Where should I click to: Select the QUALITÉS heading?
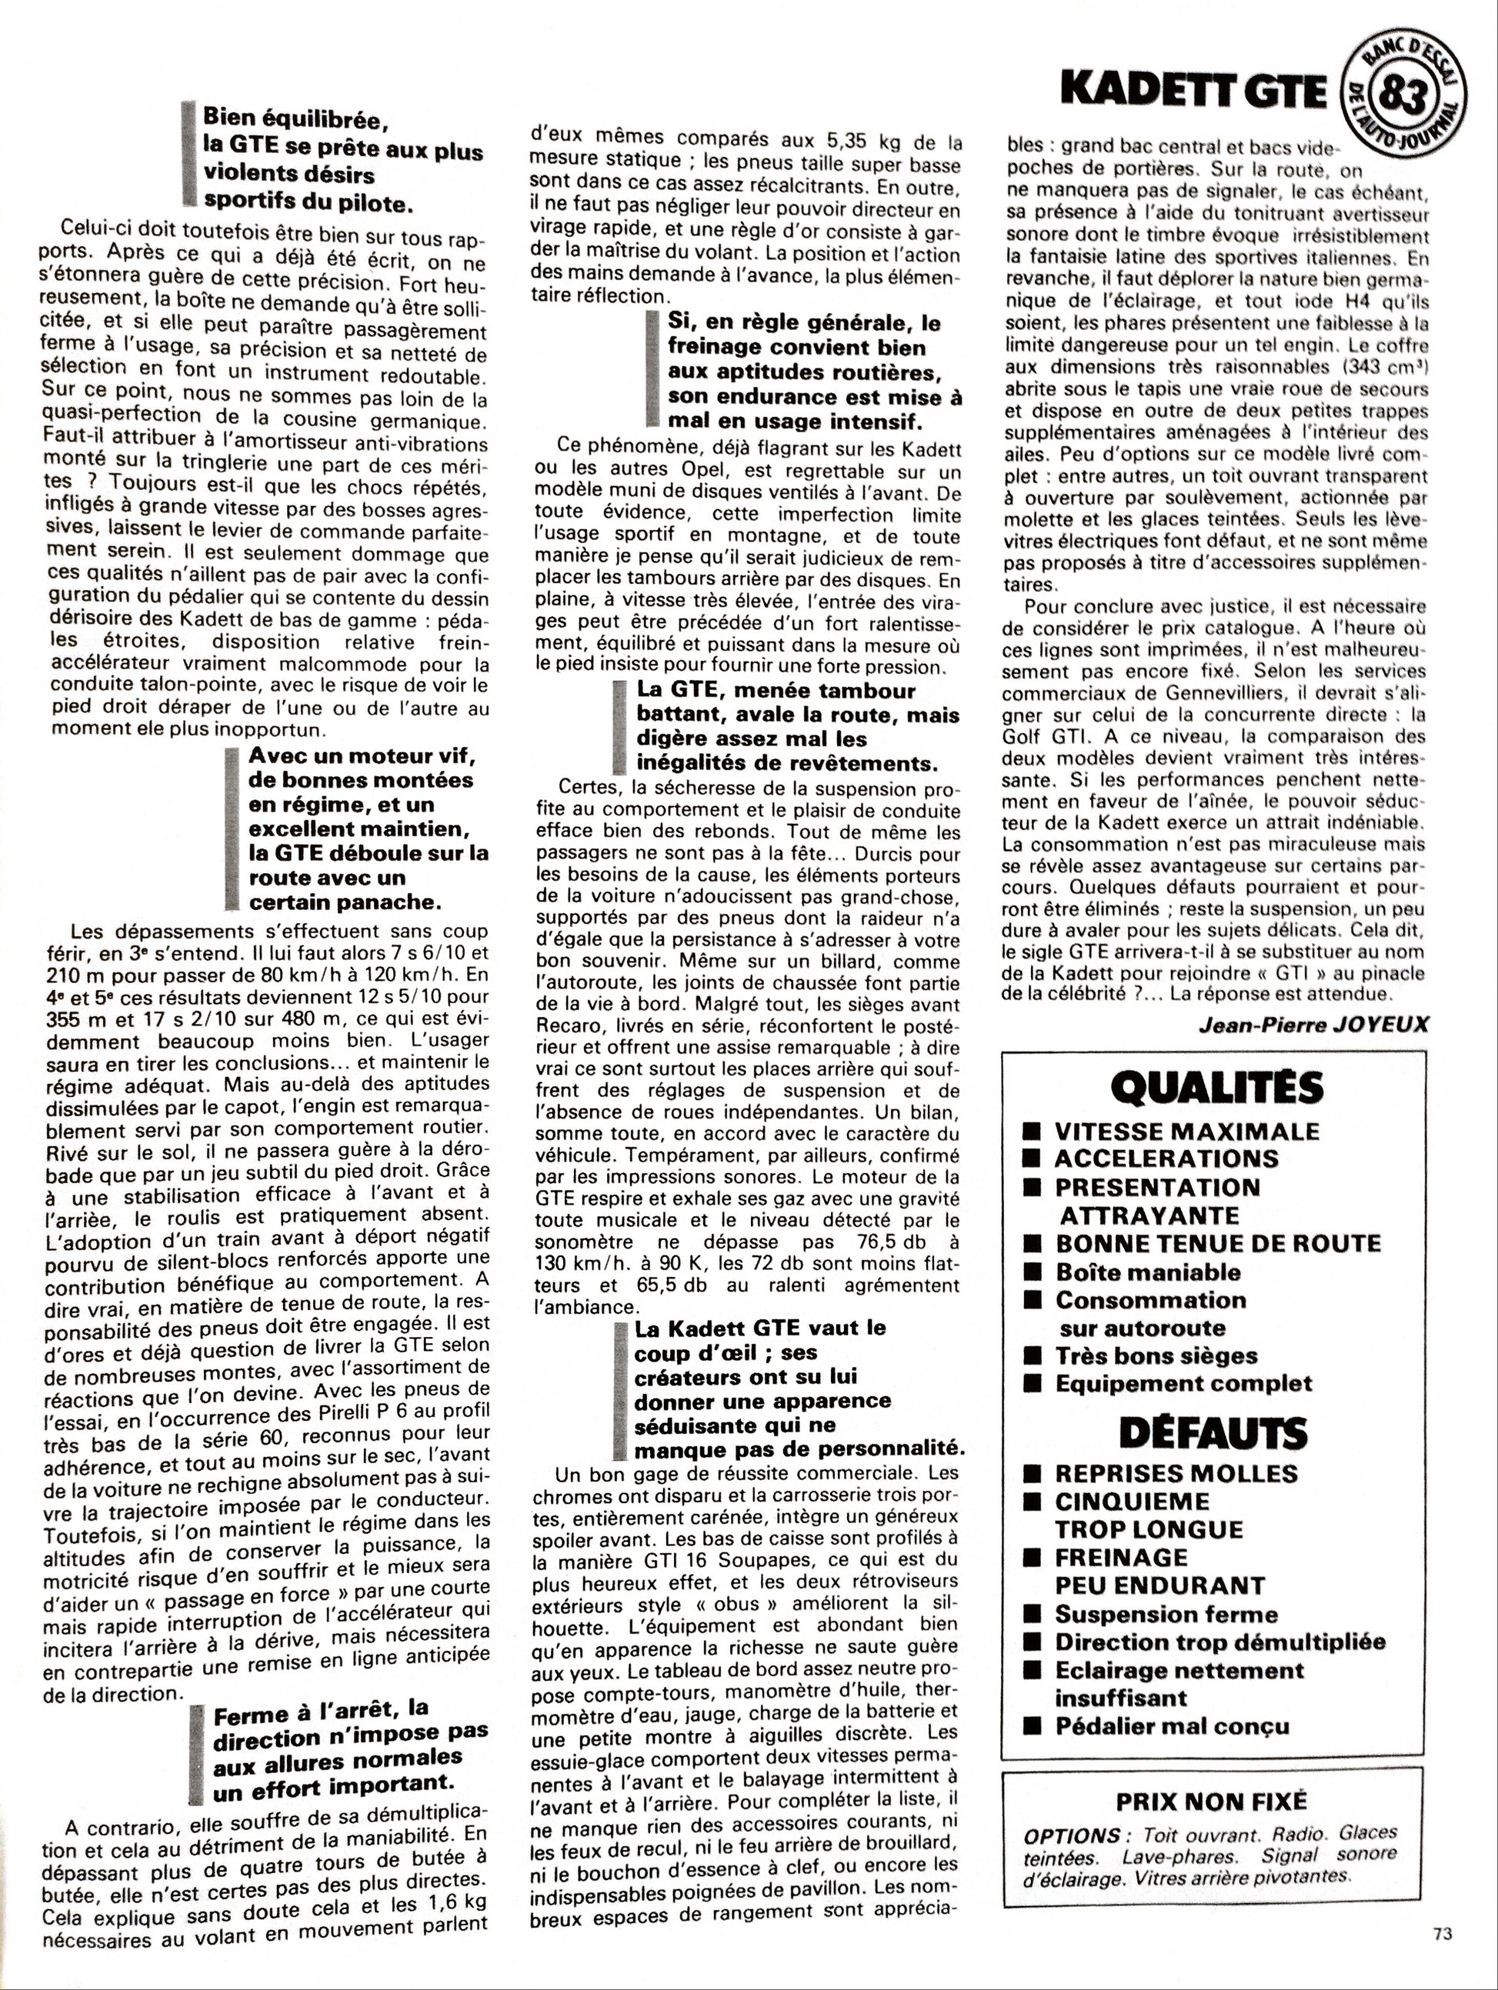[1216, 1088]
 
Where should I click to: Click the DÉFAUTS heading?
[1213, 1433]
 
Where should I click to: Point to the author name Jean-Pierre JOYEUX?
[1313, 1025]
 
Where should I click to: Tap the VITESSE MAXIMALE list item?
[1186, 1131]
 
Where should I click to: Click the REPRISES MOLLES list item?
[1176, 1474]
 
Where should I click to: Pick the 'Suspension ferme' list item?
[1166, 1614]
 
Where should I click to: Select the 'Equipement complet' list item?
[1183, 1384]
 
